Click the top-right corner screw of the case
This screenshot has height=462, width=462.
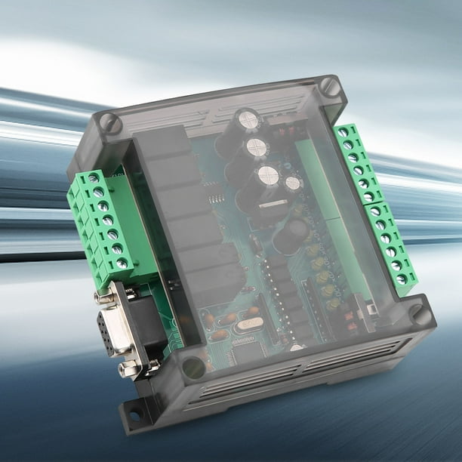[329, 86]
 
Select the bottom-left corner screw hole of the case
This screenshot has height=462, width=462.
[193, 368]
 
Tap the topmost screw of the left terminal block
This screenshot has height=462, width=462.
[94, 178]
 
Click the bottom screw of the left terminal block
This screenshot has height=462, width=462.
[122, 263]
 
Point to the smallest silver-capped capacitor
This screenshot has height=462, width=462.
[293, 183]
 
